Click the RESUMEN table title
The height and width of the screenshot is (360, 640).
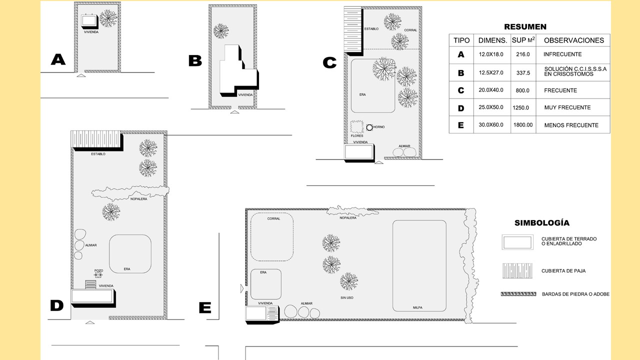point(525,27)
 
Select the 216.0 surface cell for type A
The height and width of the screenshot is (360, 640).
point(523,54)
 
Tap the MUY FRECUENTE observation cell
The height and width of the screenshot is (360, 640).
point(567,107)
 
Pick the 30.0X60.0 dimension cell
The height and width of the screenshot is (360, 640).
point(491,124)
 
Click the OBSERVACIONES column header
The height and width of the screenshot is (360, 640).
point(573,40)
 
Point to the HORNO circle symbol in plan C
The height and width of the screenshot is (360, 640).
point(369,127)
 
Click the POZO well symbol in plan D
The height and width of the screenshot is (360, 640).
point(98,275)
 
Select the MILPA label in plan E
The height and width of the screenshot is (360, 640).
point(417,307)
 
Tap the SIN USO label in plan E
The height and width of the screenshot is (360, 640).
point(347,297)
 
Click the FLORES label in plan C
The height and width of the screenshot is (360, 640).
point(357,135)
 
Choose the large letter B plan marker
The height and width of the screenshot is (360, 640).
point(195,61)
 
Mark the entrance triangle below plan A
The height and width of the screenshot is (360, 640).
point(81,75)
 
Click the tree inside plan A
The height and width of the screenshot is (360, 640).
point(108,18)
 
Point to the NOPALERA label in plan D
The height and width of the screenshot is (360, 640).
point(138,199)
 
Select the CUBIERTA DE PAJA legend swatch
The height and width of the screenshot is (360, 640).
point(517,271)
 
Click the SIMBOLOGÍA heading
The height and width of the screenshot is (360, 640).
point(542,223)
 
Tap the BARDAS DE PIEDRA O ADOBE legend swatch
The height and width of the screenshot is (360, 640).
point(518,294)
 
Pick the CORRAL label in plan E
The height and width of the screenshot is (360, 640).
point(273,218)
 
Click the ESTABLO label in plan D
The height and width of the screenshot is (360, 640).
point(98,154)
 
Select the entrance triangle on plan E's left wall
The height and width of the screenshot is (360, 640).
point(242,288)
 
